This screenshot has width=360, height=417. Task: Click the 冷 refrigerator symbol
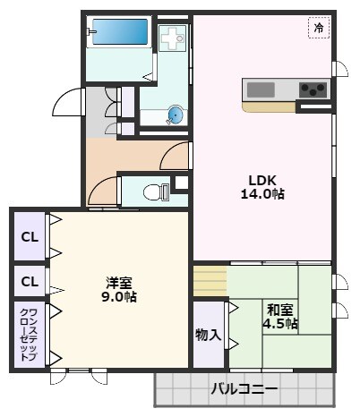coord(319,29)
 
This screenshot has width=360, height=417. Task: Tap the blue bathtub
coord(120,33)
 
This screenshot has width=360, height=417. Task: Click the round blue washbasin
coord(176,115)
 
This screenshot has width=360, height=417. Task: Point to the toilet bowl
coord(153,190)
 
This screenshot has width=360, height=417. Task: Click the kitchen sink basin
coord(261,89)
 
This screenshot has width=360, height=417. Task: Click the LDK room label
coord(261,178)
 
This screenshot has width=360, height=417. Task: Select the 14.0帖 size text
coord(261,193)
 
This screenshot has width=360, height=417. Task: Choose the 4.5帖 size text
coord(280,324)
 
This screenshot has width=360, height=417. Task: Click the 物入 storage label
coord(209,335)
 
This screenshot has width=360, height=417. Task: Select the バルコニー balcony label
coord(244,389)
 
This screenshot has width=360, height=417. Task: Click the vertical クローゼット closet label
coord(28,334)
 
